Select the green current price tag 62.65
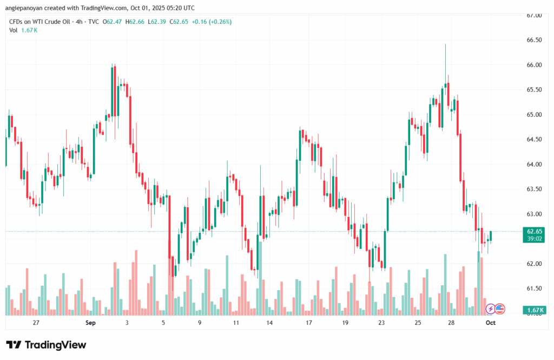[534, 231]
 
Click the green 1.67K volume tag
[534, 310]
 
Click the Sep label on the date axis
[90, 323]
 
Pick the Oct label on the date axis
[490, 323]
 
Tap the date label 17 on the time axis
[309, 323]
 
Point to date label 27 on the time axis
[36, 323]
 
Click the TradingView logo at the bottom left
[46, 345]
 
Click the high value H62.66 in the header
[135, 22]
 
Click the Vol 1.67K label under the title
[23, 30]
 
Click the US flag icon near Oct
[500, 309]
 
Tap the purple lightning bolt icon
[490, 309]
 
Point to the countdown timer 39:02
[534, 238]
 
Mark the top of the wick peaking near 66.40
[445, 45]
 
